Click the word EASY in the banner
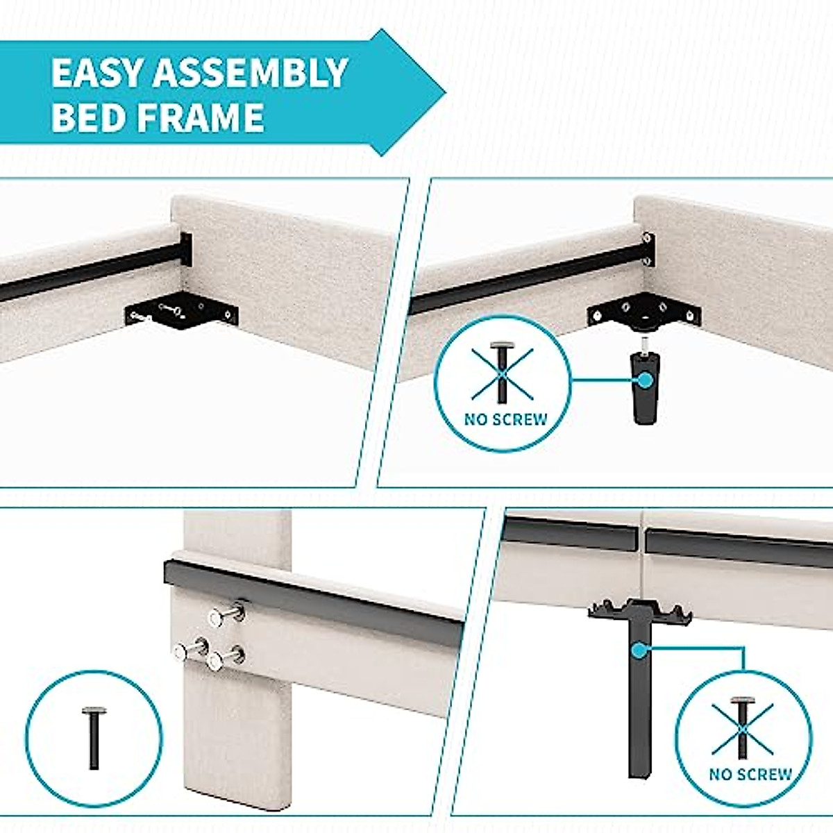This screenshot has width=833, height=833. coord(96,74)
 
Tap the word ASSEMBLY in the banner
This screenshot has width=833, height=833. coord(251,74)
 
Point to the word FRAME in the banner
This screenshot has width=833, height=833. coord(201,117)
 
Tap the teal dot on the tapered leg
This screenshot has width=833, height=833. coord(644,380)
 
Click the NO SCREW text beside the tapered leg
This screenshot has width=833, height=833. coord(506,419)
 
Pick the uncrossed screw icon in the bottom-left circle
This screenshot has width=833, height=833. coord(94,737)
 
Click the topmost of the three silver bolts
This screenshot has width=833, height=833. coord(228,615)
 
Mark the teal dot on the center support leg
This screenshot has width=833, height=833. coord(637,650)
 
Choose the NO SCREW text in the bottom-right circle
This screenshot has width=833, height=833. coord(750,774)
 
